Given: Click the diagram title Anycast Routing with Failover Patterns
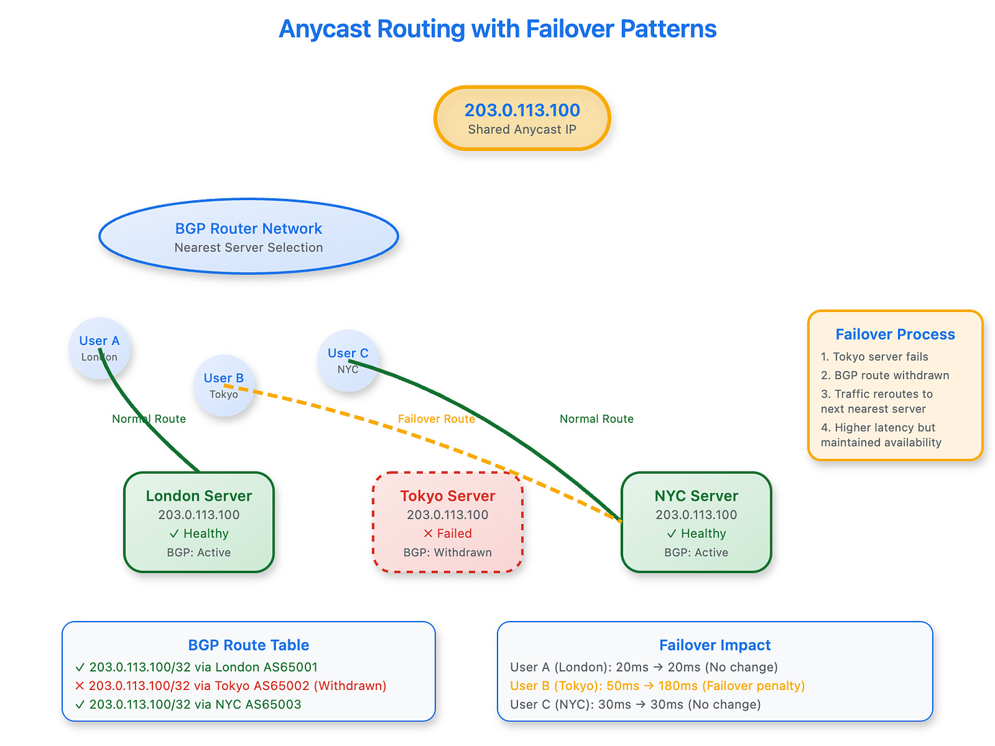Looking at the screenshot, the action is click(497, 29).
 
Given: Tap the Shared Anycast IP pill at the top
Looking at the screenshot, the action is click(522, 118).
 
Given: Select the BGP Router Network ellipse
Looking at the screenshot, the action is click(249, 236).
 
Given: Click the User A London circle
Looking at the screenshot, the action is click(99, 348).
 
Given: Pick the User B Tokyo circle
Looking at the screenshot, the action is click(224, 385).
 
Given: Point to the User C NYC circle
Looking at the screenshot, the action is click(348, 361).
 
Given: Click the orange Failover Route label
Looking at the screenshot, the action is click(437, 419).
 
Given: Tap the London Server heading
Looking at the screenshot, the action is click(199, 496).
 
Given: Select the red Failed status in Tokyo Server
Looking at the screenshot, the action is click(448, 533).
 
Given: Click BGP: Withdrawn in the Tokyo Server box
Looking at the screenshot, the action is click(448, 552).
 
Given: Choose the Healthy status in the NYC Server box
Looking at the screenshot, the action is click(696, 533).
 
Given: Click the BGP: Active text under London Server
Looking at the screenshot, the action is click(199, 552).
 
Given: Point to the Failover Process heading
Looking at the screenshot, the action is click(895, 334).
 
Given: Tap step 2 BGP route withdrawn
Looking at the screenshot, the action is click(885, 375).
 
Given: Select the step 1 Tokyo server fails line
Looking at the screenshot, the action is click(875, 357).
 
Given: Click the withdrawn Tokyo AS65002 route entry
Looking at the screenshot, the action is click(231, 685).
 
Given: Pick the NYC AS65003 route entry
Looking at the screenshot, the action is click(188, 704).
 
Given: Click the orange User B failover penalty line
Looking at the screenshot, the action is click(657, 685).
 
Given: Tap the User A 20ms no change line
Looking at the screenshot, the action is click(644, 667).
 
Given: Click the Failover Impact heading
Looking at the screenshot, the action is click(715, 645).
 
